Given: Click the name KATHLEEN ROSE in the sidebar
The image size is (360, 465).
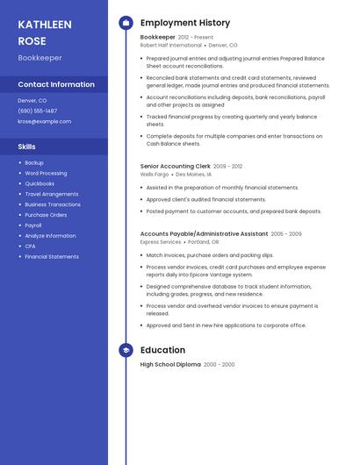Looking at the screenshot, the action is click(45, 32).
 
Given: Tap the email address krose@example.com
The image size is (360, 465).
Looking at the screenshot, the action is click(45, 121).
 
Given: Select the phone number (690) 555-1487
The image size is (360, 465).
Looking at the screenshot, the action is click(38, 111).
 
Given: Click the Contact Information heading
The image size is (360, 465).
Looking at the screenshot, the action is click(56, 84).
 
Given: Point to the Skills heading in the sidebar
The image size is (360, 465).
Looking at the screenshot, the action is click(27, 147).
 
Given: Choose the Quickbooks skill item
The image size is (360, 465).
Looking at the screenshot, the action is click(40, 183).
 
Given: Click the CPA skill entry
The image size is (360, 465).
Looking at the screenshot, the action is click(30, 247).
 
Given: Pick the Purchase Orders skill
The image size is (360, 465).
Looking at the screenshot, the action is click(46, 215).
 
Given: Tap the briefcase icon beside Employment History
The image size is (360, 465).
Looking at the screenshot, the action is click(126, 23).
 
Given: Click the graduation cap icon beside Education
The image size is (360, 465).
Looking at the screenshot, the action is click(126, 350).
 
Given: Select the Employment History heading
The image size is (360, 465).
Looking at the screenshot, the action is click(185, 23).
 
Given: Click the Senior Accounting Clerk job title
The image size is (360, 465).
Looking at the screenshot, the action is click(175, 166).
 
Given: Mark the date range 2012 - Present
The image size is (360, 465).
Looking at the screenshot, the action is click(195, 38).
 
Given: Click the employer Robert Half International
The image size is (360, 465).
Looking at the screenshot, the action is click(170, 45).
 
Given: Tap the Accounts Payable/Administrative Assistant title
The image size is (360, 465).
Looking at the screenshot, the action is click(204, 234).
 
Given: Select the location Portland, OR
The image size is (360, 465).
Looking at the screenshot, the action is click(203, 242).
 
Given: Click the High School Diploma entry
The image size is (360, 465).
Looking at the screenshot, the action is click(170, 364).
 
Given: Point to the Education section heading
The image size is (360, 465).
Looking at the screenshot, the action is click(162, 350).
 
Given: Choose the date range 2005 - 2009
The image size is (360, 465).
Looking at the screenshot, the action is click(286, 234).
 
